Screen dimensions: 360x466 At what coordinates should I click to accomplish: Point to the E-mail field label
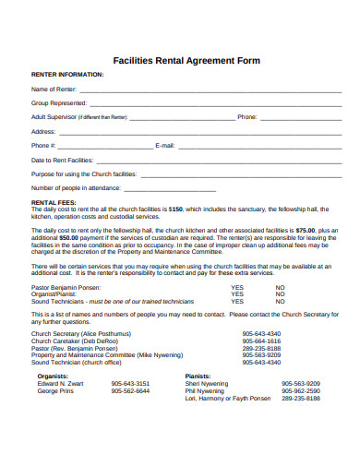point(165,146)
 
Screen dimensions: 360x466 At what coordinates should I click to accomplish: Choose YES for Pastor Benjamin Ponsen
point(237,287)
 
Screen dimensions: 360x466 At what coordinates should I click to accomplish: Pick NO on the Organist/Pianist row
point(281,294)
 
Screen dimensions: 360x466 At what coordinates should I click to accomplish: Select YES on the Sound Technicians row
point(237,302)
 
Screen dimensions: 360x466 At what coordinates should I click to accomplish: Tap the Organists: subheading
point(53,376)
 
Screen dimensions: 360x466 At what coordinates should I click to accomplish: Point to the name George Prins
point(54,390)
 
